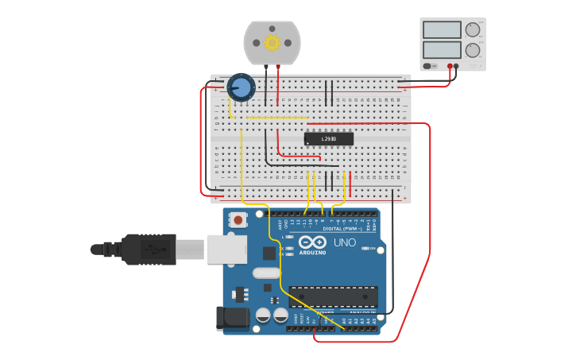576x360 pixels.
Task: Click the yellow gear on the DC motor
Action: point(273,43)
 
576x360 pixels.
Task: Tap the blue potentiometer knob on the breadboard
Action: point(240,87)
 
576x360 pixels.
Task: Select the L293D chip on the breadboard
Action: point(328,138)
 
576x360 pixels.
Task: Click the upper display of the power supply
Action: point(443,30)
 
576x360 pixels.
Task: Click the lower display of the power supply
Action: point(443,50)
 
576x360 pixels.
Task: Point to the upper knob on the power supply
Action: point(473,30)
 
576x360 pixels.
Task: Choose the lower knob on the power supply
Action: point(473,50)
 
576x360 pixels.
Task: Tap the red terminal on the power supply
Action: point(450,66)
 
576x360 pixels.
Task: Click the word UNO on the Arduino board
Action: point(344,242)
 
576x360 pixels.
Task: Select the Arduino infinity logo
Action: point(313,242)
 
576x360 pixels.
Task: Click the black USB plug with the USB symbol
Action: point(147,249)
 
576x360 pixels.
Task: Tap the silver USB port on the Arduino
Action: point(227,248)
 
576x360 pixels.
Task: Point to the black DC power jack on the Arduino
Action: point(233,318)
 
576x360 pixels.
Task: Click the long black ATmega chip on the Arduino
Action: point(333,296)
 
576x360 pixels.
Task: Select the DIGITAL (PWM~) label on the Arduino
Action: point(342,229)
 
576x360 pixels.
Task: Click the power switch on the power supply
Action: point(428,66)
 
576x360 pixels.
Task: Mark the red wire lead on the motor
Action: point(277,83)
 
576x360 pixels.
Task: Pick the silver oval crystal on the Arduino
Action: point(265,273)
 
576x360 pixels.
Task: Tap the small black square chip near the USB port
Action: point(269,254)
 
